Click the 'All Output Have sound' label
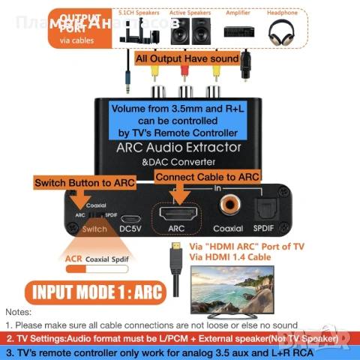coord(187,58)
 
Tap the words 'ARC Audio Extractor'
coord(178,147)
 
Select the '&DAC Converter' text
coord(178,162)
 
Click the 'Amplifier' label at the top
coord(238,13)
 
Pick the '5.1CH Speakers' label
coord(138,13)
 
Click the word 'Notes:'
coord(18,311)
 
